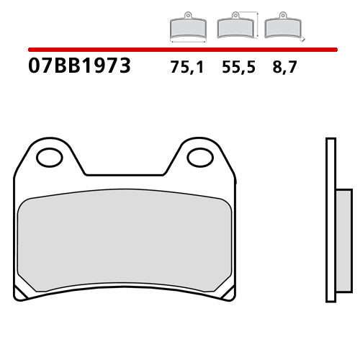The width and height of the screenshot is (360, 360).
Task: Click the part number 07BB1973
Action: [x=79, y=67]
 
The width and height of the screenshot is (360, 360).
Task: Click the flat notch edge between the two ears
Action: [x=125, y=174]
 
